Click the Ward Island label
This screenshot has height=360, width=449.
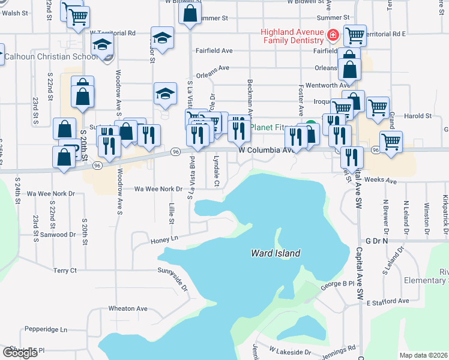pyautogui.click(x=276, y=254)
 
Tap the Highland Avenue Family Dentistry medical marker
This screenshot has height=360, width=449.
pyautogui.click(x=332, y=36)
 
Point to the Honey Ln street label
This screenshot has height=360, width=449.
pyautogui.click(x=165, y=239)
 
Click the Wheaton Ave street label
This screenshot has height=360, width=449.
pyautogui.click(x=128, y=308)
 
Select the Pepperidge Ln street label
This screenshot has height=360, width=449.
pyautogui.click(x=46, y=329)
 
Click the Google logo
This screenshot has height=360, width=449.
pyautogui.click(x=20, y=352)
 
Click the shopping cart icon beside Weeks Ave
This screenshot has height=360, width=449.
pyautogui.click(x=391, y=142)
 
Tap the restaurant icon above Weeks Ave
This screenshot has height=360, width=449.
pyautogui.click(x=352, y=157)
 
